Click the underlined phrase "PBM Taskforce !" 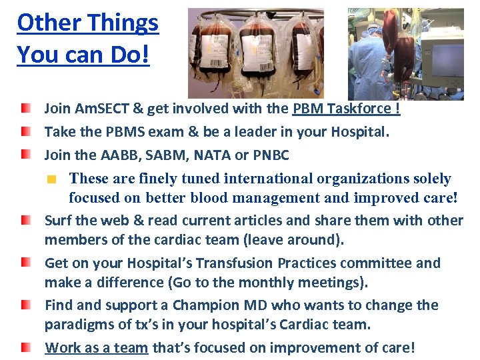[346, 109]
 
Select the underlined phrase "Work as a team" [97, 348]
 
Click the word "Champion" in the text [201, 305]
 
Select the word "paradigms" [79, 325]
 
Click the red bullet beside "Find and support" [25, 305]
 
